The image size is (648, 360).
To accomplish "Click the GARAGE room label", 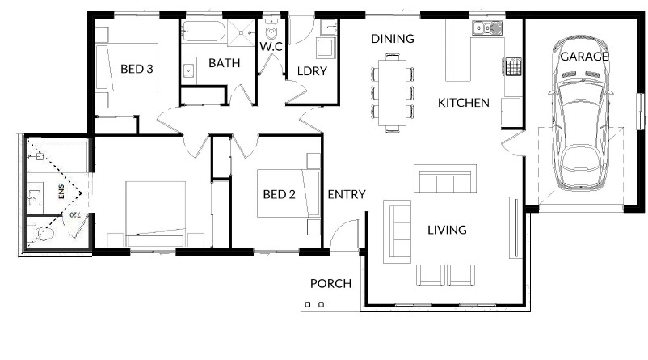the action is click(x=584, y=57).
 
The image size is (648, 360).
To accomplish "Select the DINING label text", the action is click(x=393, y=39).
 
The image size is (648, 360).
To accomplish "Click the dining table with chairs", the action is click(x=392, y=93).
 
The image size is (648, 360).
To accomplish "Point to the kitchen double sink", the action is click(x=487, y=28).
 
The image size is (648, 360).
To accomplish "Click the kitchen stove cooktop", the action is click(x=512, y=66).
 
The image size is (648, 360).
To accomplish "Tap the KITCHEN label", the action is click(x=464, y=103).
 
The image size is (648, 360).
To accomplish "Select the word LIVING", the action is click(x=447, y=230).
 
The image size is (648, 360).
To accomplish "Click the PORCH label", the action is click(x=330, y=283).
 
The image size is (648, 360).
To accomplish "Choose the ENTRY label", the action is click(x=347, y=194).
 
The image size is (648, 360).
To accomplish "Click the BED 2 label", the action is click(x=280, y=194).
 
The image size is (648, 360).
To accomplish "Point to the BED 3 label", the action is click(x=137, y=68).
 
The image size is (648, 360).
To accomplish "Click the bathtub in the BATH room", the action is click(x=204, y=32).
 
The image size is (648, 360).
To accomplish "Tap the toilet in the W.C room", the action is click(x=271, y=29).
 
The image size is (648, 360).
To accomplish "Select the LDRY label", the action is click(x=312, y=71).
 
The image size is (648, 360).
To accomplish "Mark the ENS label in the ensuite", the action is click(x=61, y=192).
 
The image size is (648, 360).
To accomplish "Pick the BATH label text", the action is click(x=225, y=63).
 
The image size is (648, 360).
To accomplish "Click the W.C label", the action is click(x=271, y=46).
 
